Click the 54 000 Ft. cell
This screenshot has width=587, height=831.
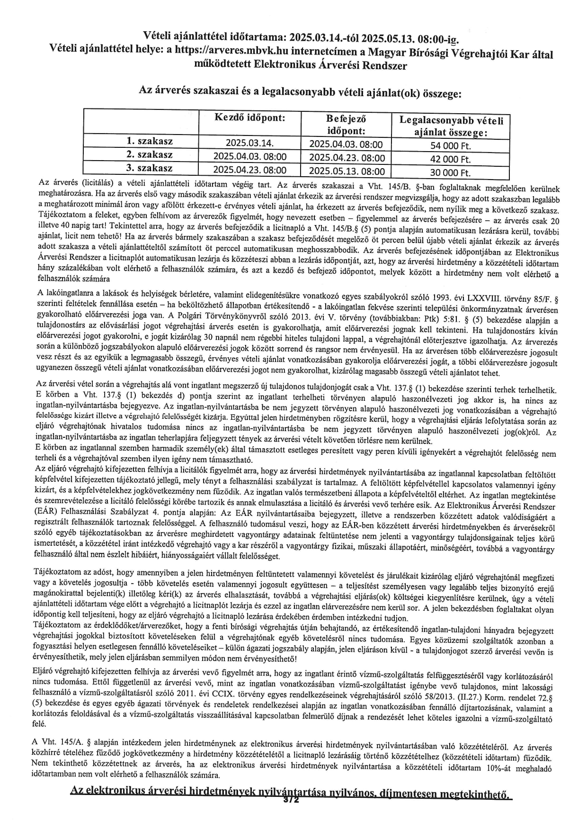click(450, 145)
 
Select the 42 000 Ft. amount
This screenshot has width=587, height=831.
click(450, 159)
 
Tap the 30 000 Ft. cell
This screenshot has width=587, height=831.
click(450, 172)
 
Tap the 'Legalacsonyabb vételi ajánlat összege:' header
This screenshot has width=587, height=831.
click(451, 126)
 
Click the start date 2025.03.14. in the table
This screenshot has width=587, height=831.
click(250, 143)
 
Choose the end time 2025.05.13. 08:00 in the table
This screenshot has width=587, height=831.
click(347, 171)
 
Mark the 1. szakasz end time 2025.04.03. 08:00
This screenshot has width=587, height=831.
click(347, 144)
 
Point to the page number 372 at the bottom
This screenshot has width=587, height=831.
click(291, 800)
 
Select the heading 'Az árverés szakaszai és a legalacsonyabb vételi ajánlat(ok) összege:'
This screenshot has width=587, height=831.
click(299, 93)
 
